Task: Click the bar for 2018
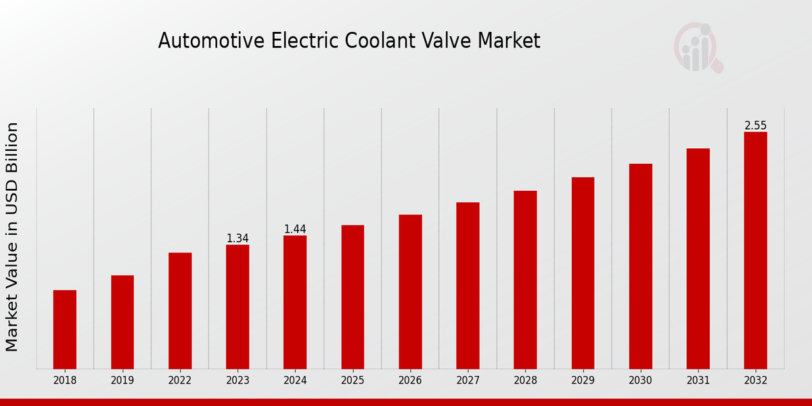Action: click(x=65, y=330)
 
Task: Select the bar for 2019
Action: click(x=122, y=322)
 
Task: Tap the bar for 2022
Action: click(x=180, y=311)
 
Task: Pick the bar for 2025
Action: click(x=353, y=297)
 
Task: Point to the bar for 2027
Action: click(x=468, y=286)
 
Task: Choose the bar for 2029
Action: click(x=583, y=273)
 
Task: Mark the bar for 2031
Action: click(x=698, y=258)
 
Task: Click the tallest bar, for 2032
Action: click(x=755, y=250)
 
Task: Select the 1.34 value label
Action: click(x=238, y=239)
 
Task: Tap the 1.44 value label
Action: click(x=295, y=229)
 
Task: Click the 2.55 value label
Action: click(x=755, y=126)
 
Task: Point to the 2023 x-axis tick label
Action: click(x=238, y=381)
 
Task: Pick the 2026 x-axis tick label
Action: click(x=410, y=381)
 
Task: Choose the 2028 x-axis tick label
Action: click(x=525, y=381)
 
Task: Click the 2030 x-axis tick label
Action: click(x=640, y=381)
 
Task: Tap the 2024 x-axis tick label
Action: click(x=295, y=381)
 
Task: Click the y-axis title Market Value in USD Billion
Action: click(x=12, y=237)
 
